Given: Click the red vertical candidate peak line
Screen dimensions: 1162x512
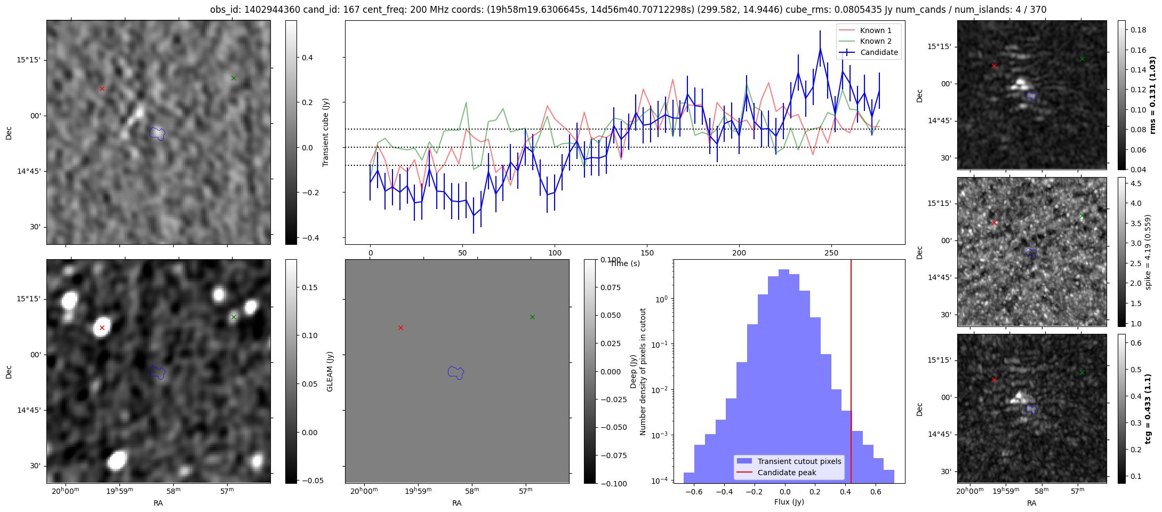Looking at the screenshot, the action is (851, 371).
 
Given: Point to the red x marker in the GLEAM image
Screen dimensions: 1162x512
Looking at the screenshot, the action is (102, 327).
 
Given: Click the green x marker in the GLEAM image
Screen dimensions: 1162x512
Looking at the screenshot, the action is (234, 317).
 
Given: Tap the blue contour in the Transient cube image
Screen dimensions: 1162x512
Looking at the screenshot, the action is (157, 133).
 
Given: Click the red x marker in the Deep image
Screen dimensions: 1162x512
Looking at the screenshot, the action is (400, 327).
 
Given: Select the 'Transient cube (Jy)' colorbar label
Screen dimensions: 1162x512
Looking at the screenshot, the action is (326, 132).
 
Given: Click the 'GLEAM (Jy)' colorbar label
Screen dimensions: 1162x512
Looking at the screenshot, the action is (330, 371).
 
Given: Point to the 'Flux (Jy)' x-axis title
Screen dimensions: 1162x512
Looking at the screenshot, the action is (789, 502).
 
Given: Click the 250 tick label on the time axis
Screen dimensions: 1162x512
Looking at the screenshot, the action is (831, 253).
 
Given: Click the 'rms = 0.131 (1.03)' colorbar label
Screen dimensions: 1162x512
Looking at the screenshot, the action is (1152, 95).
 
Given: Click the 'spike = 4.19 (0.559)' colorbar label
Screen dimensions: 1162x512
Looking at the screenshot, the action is (1148, 252).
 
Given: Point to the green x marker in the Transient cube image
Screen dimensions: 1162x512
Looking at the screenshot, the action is (234, 78).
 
